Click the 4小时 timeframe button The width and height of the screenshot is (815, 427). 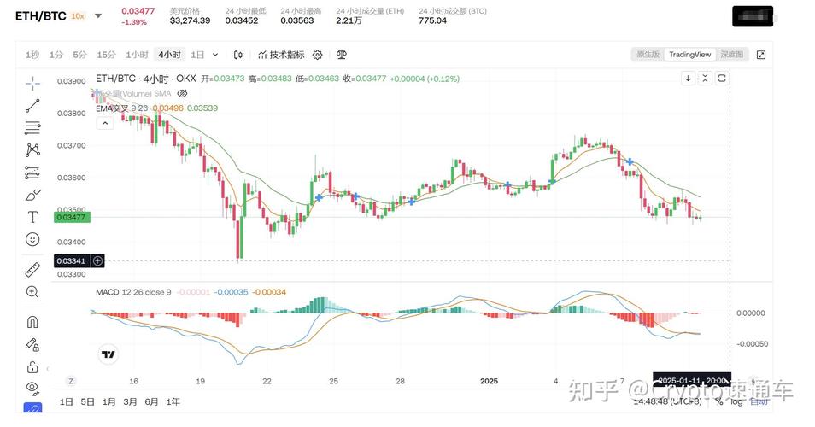point(168,55)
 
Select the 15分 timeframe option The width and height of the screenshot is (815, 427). point(106,55)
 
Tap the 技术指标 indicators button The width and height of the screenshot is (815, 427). point(281,55)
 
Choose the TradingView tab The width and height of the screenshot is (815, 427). point(689,55)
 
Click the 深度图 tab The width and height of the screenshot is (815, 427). point(730,55)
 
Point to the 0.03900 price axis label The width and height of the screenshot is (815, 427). point(71,81)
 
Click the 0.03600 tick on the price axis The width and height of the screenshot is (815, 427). point(71,178)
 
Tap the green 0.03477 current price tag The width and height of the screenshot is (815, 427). point(71,218)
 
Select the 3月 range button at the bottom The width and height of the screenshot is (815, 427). point(130,401)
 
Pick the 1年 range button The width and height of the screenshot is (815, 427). point(173,401)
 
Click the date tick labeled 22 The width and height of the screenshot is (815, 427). point(267,381)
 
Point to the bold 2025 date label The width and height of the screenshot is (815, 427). point(489,381)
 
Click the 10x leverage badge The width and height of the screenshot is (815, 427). point(78,15)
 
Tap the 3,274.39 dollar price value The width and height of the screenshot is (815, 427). point(190,20)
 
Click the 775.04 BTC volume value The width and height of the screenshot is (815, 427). point(432,20)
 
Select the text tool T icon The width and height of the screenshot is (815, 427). point(32,217)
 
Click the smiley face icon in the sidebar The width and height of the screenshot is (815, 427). point(32,239)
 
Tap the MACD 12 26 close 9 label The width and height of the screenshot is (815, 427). point(133,292)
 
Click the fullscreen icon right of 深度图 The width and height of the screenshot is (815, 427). point(760,55)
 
